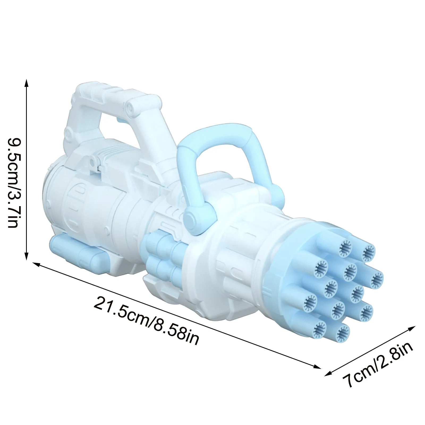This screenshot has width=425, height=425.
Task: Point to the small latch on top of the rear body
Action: pos(92,162)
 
